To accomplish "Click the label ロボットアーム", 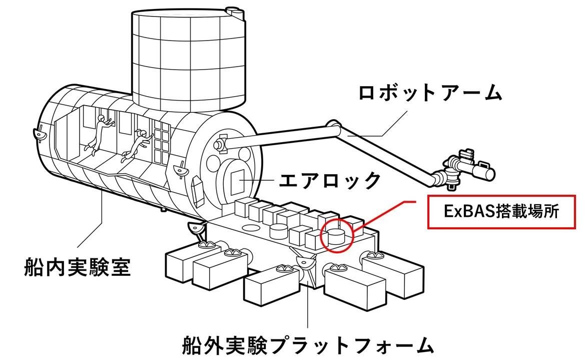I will (430, 93).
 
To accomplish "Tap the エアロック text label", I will (330, 179).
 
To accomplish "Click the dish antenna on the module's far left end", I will (37, 134).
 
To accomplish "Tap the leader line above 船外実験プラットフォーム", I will (307, 310).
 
